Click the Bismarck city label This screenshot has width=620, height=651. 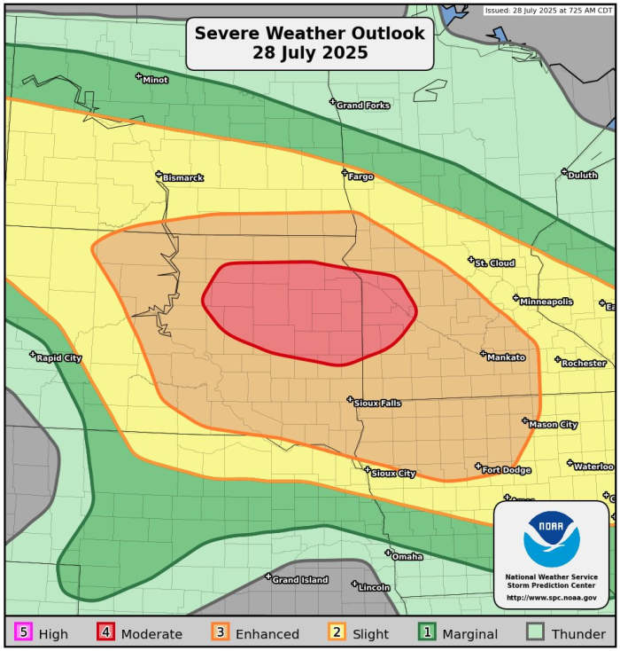click(182, 178)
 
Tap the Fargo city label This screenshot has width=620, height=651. click(360, 176)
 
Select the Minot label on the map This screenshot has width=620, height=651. click(154, 80)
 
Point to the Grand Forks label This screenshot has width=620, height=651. click(362, 106)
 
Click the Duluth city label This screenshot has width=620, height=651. click(582, 176)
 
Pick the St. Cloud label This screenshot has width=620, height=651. click(494, 263)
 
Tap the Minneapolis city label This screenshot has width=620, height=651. click(546, 302)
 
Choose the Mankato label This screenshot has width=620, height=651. click(506, 357)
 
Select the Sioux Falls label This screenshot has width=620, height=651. click(377, 404)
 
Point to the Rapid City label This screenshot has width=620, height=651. click(58, 358)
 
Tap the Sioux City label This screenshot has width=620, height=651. click(393, 474)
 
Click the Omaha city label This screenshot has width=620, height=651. click(407, 557)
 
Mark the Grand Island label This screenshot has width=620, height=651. click(299, 580)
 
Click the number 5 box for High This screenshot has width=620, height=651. click(23, 633)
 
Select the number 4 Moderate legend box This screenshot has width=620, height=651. click(105, 633)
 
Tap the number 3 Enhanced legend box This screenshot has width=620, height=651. click(220, 633)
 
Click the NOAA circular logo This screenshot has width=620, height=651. click(551, 539)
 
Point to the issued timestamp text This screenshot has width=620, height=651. click(549, 11)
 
